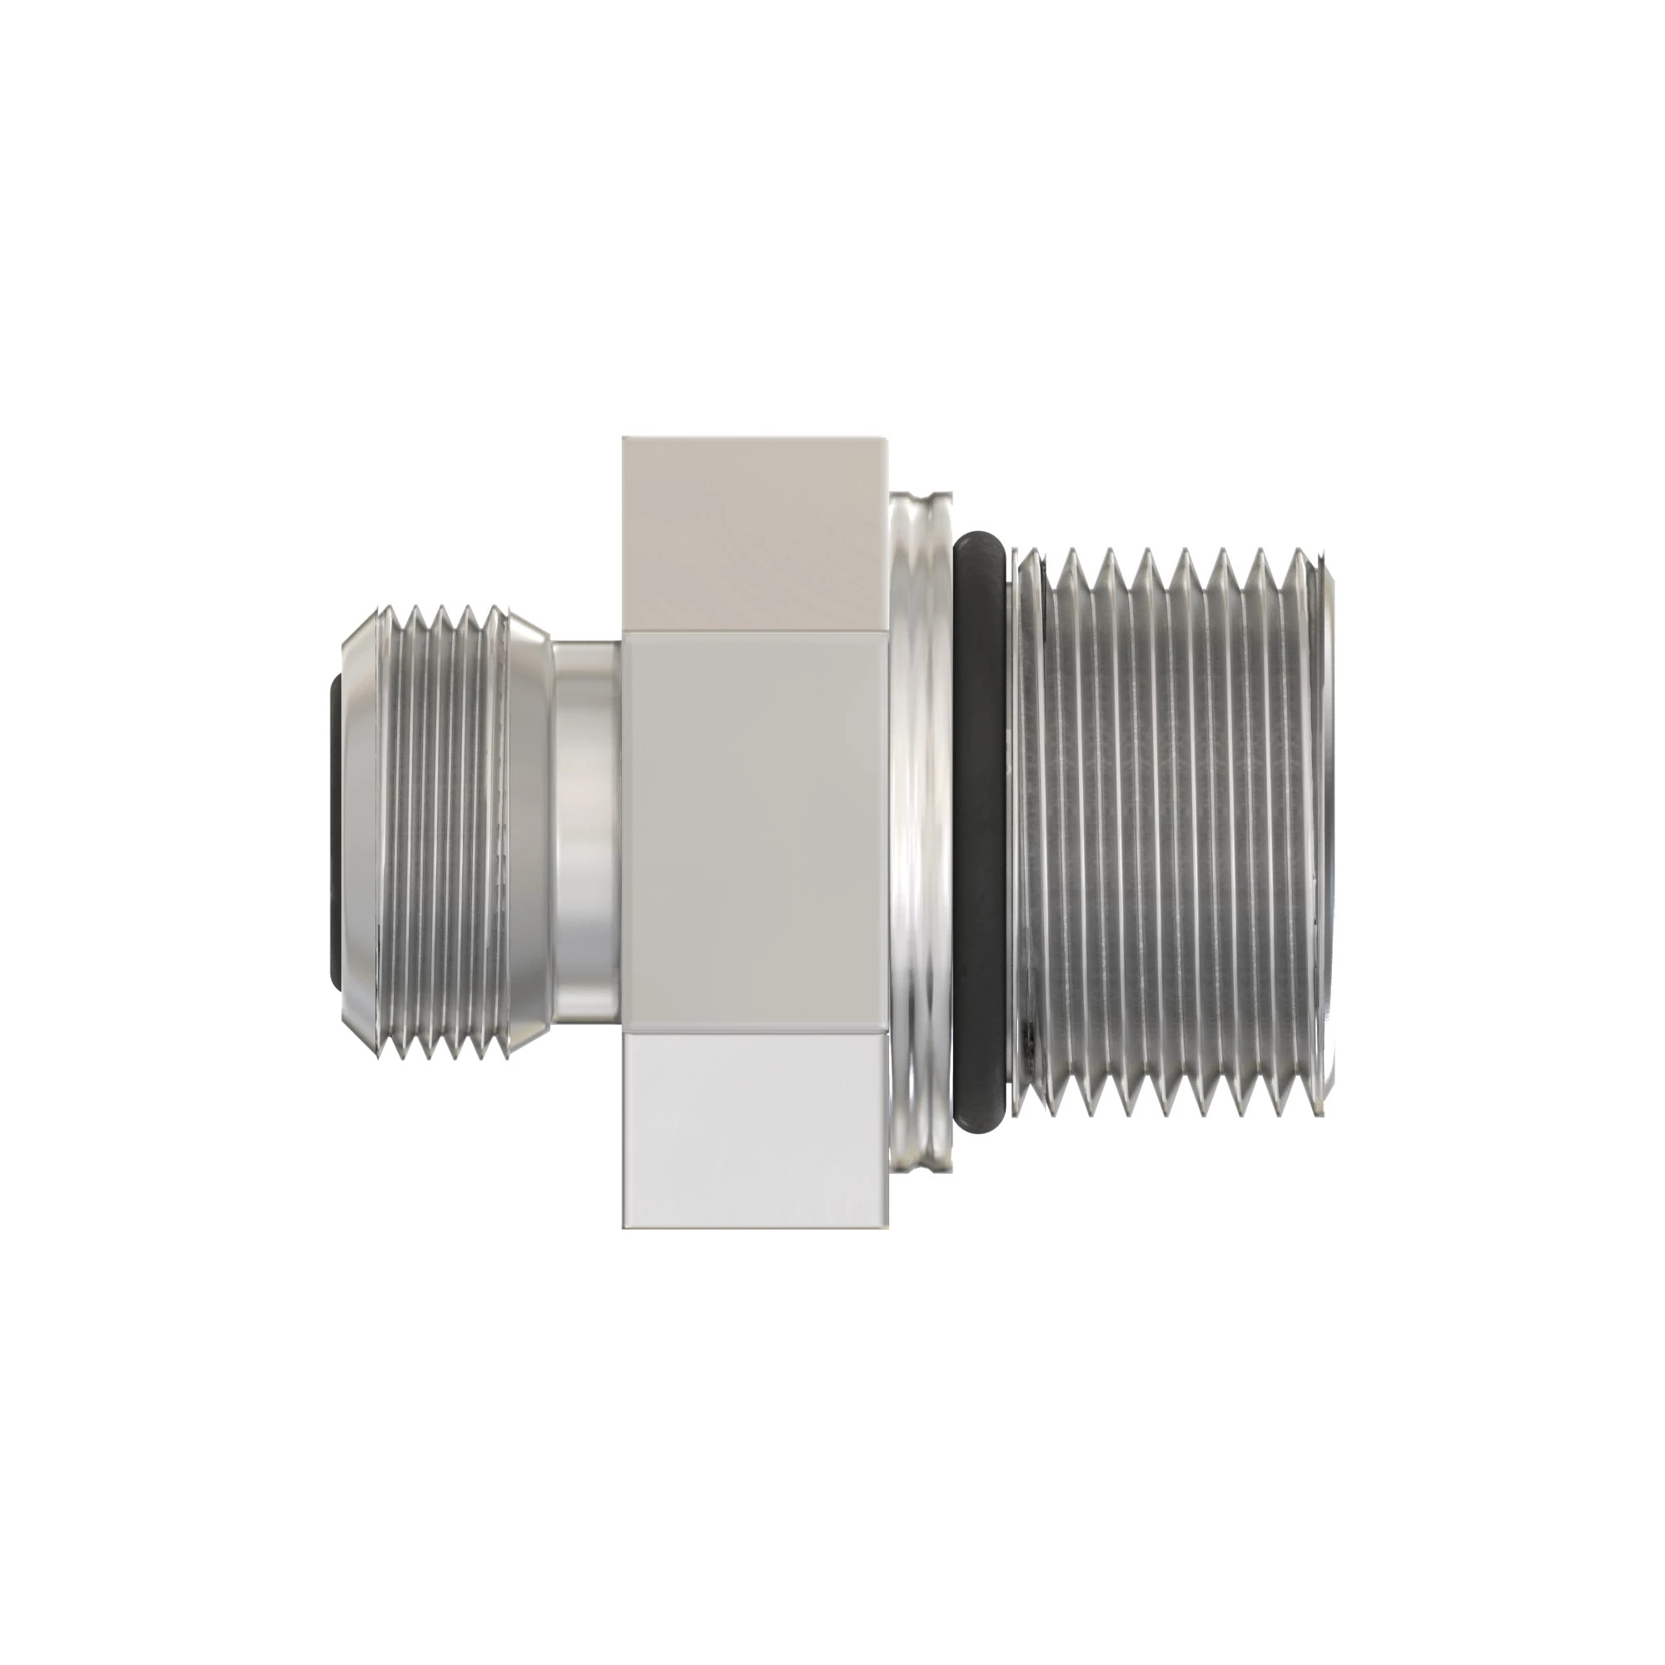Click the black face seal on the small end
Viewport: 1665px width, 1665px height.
point(335,832)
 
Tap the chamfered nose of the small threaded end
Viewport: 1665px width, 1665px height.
point(357,832)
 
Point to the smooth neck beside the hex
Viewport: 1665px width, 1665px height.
point(586,832)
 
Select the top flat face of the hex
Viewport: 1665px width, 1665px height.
point(754,534)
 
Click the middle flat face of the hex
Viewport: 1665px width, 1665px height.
point(754,832)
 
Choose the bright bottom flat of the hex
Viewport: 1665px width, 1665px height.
point(754,1129)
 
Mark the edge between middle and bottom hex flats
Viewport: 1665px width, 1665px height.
point(754,1031)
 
